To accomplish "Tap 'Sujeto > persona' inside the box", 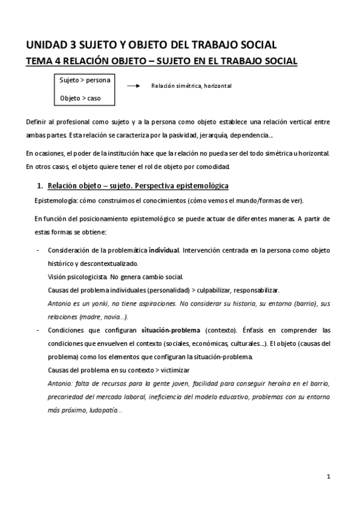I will pos(84,79).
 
